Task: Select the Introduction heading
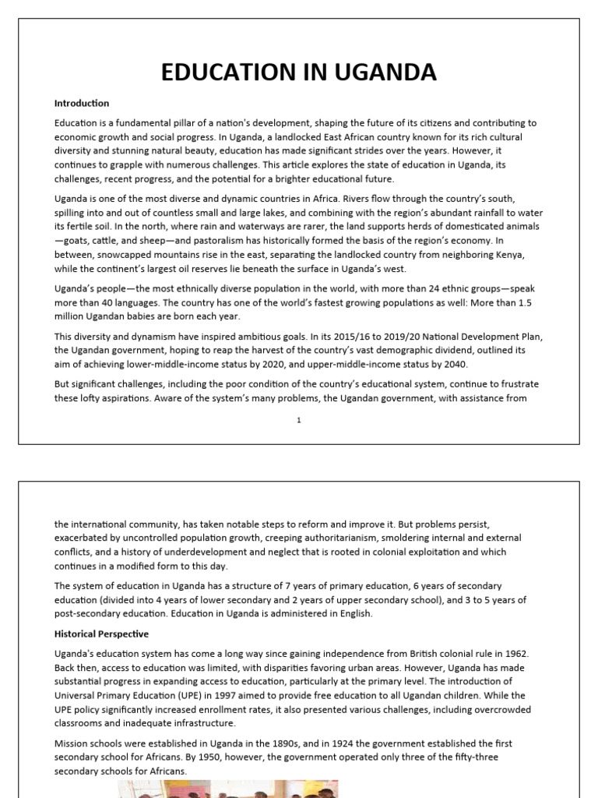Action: tap(82, 103)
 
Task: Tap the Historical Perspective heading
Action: tap(101, 634)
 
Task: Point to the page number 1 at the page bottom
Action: tap(298, 420)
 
